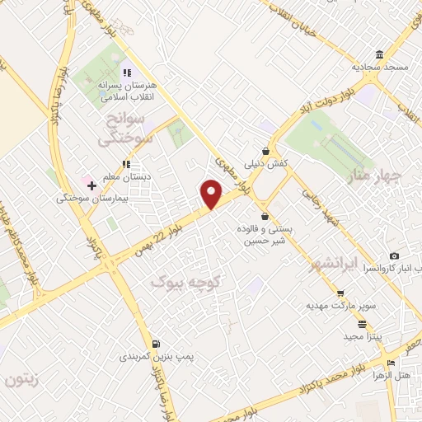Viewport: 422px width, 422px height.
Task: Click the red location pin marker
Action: click(x=213, y=195)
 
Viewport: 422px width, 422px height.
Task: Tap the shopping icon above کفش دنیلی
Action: click(x=265, y=151)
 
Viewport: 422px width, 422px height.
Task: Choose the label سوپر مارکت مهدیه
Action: click(x=342, y=306)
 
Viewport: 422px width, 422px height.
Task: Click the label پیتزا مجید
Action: click(x=359, y=337)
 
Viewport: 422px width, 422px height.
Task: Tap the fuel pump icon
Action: click(x=156, y=343)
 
